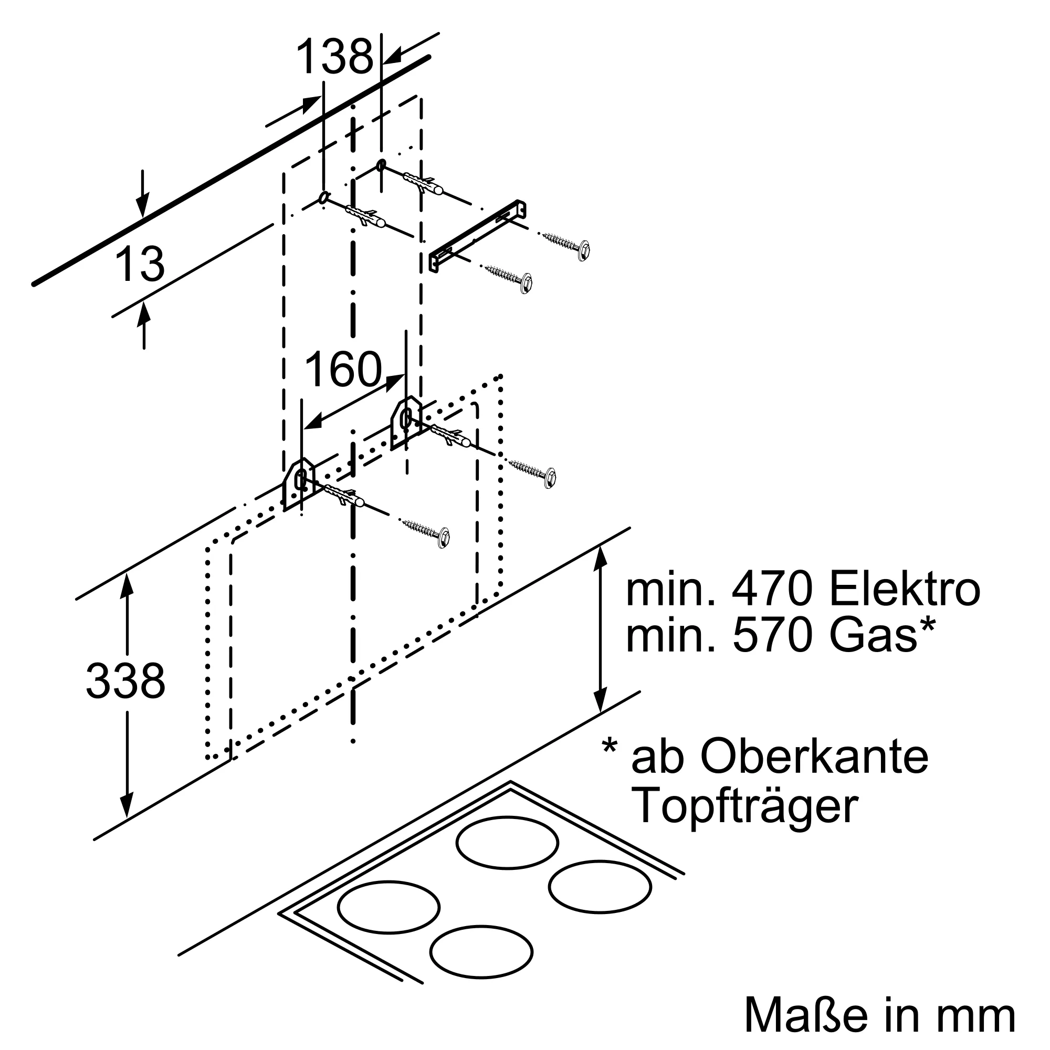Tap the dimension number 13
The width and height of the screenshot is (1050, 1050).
pyautogui.click(x=140, y=265)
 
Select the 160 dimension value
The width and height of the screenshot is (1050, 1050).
pyautogui.click(x=343, y=370)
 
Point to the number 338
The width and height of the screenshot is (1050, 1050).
pyautogui.click(x=125, y=681)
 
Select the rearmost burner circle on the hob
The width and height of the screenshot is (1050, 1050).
pyautogui.click(x=507, y=843)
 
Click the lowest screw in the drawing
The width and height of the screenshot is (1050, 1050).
pyautogui.click(x=427, y=532)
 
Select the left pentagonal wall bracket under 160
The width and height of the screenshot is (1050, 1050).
pyautogui.click(x=299, y=483)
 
